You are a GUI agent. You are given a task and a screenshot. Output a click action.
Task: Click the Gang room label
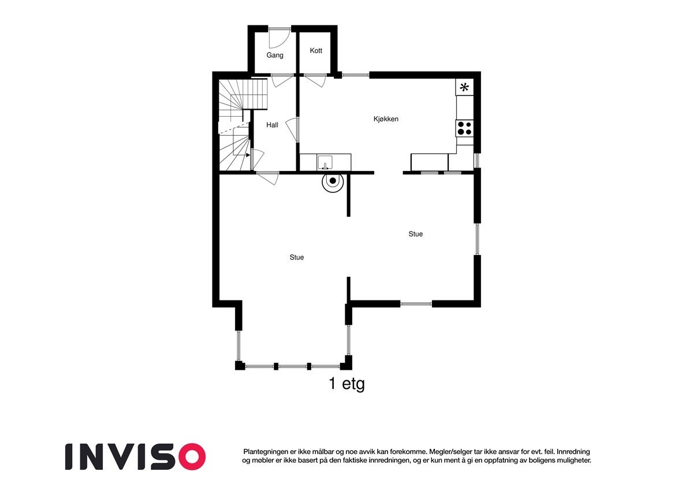click(275, 55)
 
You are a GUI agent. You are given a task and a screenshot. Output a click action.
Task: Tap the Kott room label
click(316, 51)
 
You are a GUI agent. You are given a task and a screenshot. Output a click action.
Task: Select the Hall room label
click(272, 125)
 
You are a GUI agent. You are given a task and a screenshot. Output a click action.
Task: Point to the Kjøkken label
click(386, 119)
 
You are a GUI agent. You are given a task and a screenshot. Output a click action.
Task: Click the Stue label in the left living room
click(297, 258)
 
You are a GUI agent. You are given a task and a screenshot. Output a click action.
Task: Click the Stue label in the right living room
click(415, 234)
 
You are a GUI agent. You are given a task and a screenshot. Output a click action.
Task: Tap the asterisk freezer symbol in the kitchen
click(464, 88)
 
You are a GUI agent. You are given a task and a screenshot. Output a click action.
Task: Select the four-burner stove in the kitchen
click(464, 128)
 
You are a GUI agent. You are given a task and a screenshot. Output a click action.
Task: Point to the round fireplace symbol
click(333, 181)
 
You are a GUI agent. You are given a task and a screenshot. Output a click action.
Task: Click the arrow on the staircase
click(248, 155)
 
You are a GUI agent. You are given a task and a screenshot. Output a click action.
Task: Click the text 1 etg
click(346, 384)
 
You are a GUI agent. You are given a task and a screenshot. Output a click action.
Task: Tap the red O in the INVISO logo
click(191, 456)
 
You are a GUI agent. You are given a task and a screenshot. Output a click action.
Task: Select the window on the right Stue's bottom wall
click(416, 303)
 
